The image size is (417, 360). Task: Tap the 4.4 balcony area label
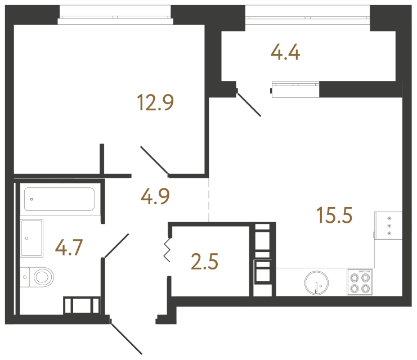click(285, 53)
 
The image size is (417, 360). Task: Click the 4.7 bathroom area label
click(69, 247)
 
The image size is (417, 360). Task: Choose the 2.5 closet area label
click(205, 262)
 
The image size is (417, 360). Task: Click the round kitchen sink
click(316, 283)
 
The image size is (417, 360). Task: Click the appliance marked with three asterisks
click(389, 224)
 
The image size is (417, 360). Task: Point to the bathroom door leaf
click(116, 246)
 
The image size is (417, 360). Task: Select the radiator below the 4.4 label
click(295, 88)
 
